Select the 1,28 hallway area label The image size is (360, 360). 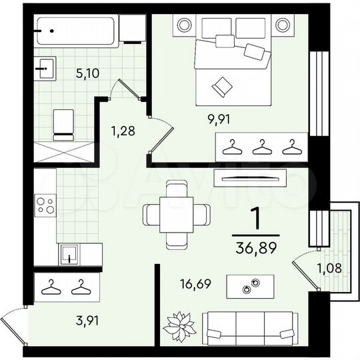(x=123, y=131)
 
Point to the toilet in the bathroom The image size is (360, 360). (x=63, y=124)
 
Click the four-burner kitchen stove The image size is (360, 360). (x=46, y=205)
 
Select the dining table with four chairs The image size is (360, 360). (x=177, y=214)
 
